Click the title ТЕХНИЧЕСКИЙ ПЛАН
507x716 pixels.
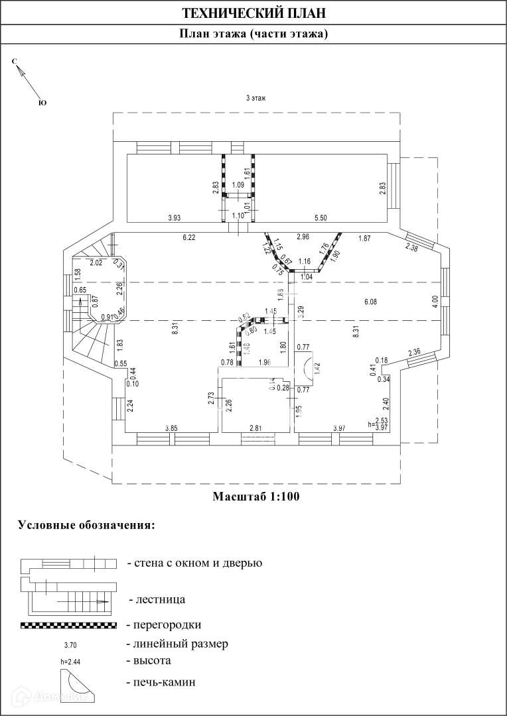(x=254, y=13)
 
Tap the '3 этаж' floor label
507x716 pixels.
(x=255, y=98)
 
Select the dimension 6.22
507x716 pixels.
(x=189, y=237)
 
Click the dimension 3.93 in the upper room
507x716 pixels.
(x=175, y=217)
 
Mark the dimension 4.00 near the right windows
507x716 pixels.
(x=435, y=299)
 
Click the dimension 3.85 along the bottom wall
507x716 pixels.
(x=171, y=428)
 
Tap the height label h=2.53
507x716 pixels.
(x=378, y=421)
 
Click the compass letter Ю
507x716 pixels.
(x=42, y=103)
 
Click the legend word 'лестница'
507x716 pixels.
(x=159, y=600)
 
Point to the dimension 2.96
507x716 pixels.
(x=303, y=237)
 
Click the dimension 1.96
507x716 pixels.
(x=265, y=362)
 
